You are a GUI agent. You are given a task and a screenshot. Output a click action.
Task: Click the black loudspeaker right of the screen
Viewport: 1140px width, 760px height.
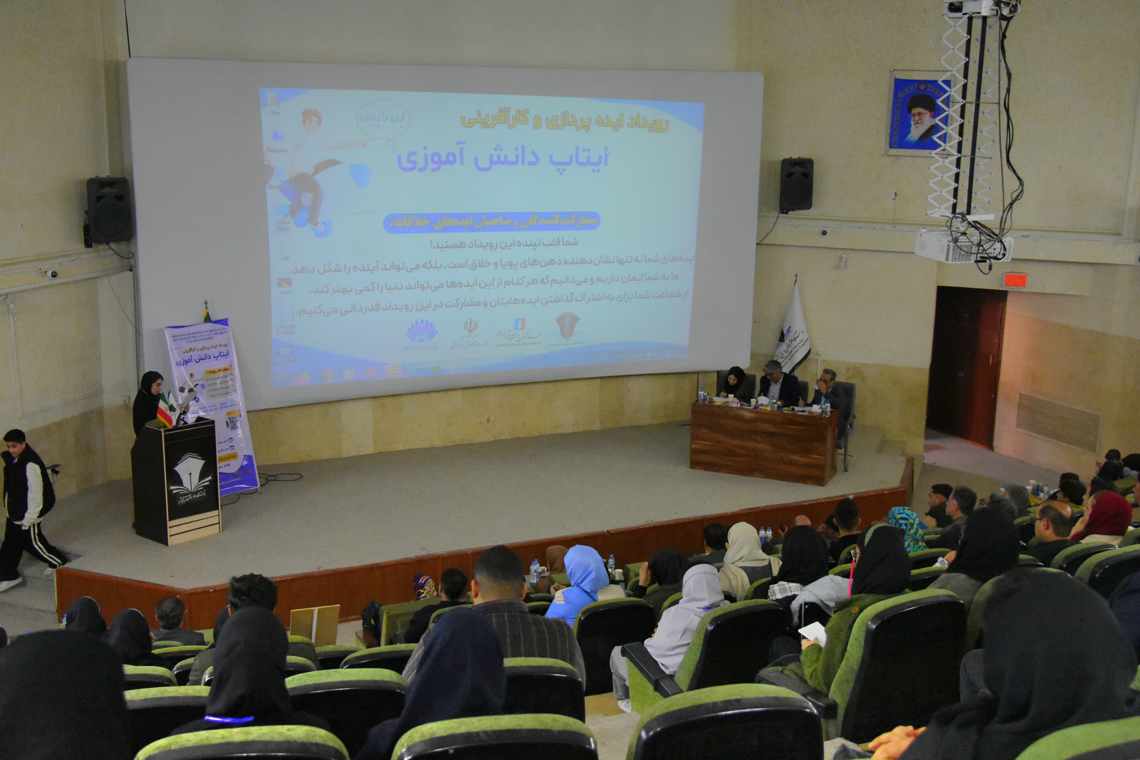pyautogui.click(x=796, y=185)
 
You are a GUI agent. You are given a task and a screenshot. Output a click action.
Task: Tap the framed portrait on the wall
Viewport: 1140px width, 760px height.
pyautogui.click(x=919, y=114)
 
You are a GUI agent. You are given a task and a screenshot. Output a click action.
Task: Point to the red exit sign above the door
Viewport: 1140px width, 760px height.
pyautogui.click(x=1014, y=280)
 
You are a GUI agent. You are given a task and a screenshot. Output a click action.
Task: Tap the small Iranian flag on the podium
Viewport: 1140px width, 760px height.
pyautogui.click(x=165, y=409)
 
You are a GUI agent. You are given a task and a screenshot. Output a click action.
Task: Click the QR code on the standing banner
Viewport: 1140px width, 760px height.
pyautogui.click(x=233, y=422)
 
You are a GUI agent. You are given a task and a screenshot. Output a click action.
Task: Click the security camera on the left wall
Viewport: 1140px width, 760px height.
pyautogui.click(x=51, y=274)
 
